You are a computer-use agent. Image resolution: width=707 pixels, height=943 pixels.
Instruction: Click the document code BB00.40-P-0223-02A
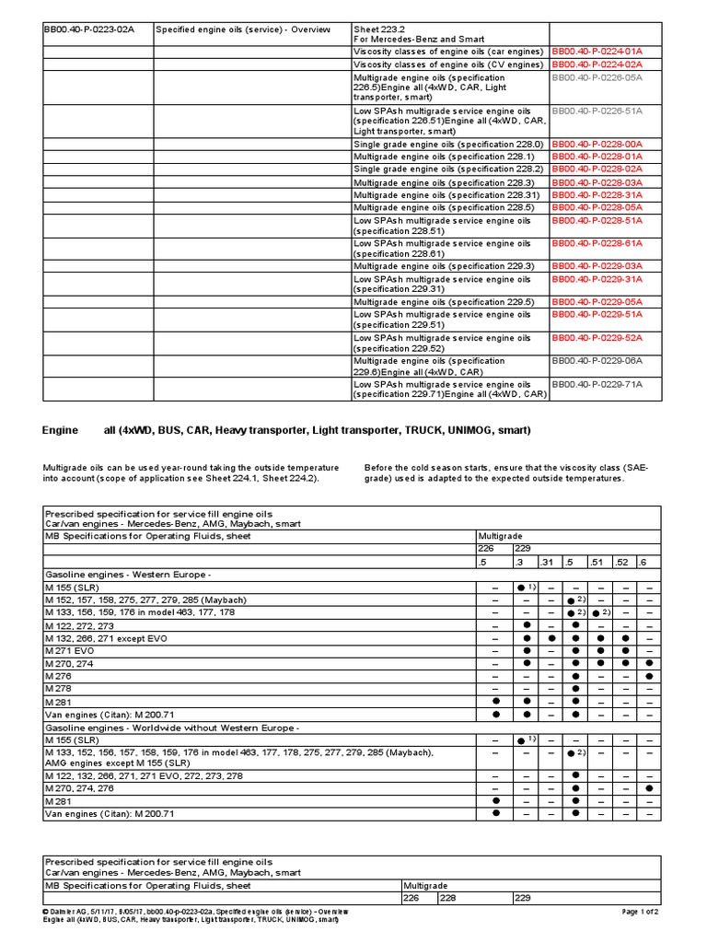(x=89, y=29)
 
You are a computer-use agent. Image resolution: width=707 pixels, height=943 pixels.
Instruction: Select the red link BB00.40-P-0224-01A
(x=608, y=53)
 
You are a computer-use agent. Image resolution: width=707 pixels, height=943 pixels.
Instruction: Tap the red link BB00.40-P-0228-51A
(x=608, y=221)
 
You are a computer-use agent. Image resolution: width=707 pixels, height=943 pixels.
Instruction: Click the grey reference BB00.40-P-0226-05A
(x=608, y=78)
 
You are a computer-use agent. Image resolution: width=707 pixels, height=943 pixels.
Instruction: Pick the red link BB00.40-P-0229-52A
(x=608, y=338)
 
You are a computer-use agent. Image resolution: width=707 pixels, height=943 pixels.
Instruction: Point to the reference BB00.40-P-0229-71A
(x=608, y=384)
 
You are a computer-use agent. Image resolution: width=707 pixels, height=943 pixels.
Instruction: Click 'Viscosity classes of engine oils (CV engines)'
(x=448, y=65)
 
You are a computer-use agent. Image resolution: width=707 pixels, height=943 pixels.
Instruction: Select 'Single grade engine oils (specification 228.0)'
(x=448, y=145)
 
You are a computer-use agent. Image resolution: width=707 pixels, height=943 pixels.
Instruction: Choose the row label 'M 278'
(x=57, y=688)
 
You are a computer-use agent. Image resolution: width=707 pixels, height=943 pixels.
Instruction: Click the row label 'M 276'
(x=57, y=676)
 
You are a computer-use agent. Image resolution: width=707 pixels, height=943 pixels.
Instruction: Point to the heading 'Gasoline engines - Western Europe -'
(x=128, y=573)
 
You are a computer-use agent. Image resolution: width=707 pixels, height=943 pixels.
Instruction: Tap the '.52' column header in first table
(x=624, y=561)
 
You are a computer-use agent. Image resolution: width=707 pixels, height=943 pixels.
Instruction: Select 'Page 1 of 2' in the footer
(x=641, y=912)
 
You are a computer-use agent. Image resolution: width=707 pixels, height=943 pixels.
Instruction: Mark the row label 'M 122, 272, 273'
(x=81, y=624)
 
